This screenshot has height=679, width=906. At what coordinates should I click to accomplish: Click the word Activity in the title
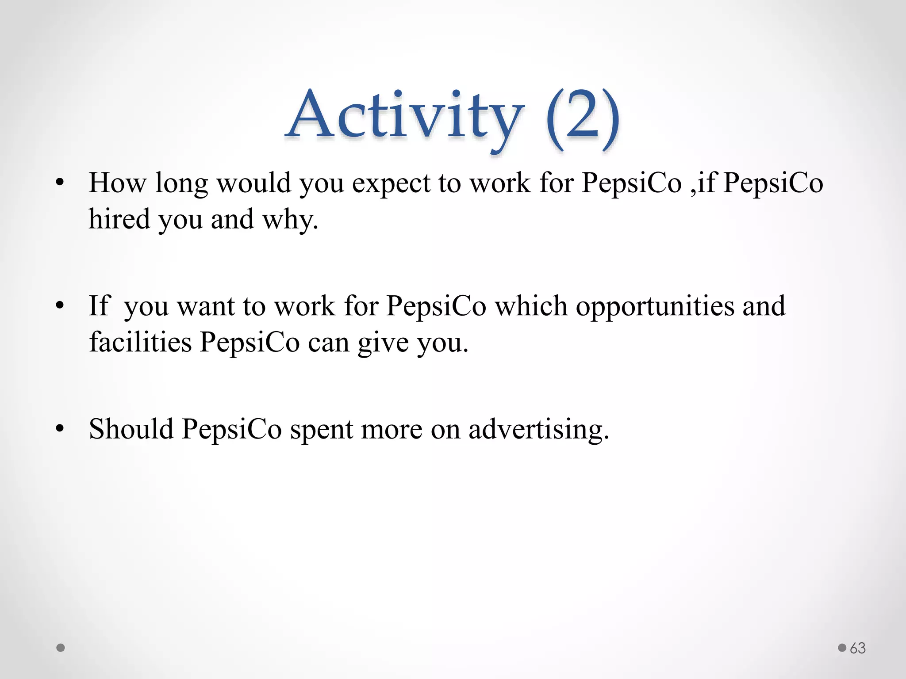click(405, 116)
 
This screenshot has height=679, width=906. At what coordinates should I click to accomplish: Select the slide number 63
click(858, 648)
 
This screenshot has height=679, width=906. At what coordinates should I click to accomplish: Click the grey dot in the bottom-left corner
click(61, 648)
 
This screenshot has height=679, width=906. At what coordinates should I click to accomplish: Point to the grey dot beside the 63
click(842, 648)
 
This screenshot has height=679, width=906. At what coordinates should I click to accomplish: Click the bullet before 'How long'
click(60, 183)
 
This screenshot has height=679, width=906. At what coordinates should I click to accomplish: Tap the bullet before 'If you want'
click(60, 305)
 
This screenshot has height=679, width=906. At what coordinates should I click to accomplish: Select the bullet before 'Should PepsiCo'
click(60, 428)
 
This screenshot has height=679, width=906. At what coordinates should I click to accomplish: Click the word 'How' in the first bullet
click(117, 183)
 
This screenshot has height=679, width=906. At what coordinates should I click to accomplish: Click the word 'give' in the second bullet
click(383, 343)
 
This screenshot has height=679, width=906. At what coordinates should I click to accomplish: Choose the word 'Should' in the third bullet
click(131, 428)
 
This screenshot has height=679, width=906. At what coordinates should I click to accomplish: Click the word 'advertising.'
click(539, 429)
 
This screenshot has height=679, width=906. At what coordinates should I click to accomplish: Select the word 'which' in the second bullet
click(531, 305)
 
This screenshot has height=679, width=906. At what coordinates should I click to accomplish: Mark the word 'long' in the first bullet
click(181, 183)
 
